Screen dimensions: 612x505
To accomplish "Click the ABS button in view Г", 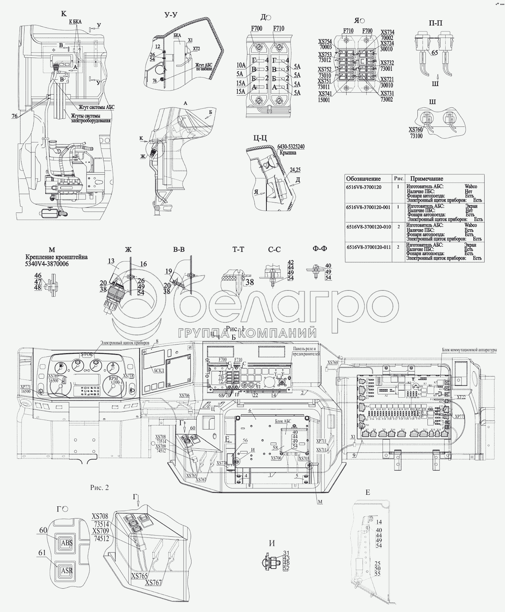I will point(65,543).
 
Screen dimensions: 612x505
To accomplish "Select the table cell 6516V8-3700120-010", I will point(368,227).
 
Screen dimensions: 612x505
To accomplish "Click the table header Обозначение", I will point(363,179).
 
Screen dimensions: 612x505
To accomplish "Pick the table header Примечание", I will point(427,179).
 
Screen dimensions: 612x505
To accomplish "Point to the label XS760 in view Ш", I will point(415,130).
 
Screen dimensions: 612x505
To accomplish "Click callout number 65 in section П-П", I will point(434,53).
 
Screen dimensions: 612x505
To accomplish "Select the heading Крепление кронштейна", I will point(57,257).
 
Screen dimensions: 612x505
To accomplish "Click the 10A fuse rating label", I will point(241,65).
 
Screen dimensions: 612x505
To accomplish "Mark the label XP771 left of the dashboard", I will point(26,386).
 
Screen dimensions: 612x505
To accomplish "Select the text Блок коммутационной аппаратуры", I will point(469,350).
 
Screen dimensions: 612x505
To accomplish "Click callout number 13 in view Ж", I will point(111,261).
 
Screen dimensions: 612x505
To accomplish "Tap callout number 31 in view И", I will point(286,553).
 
